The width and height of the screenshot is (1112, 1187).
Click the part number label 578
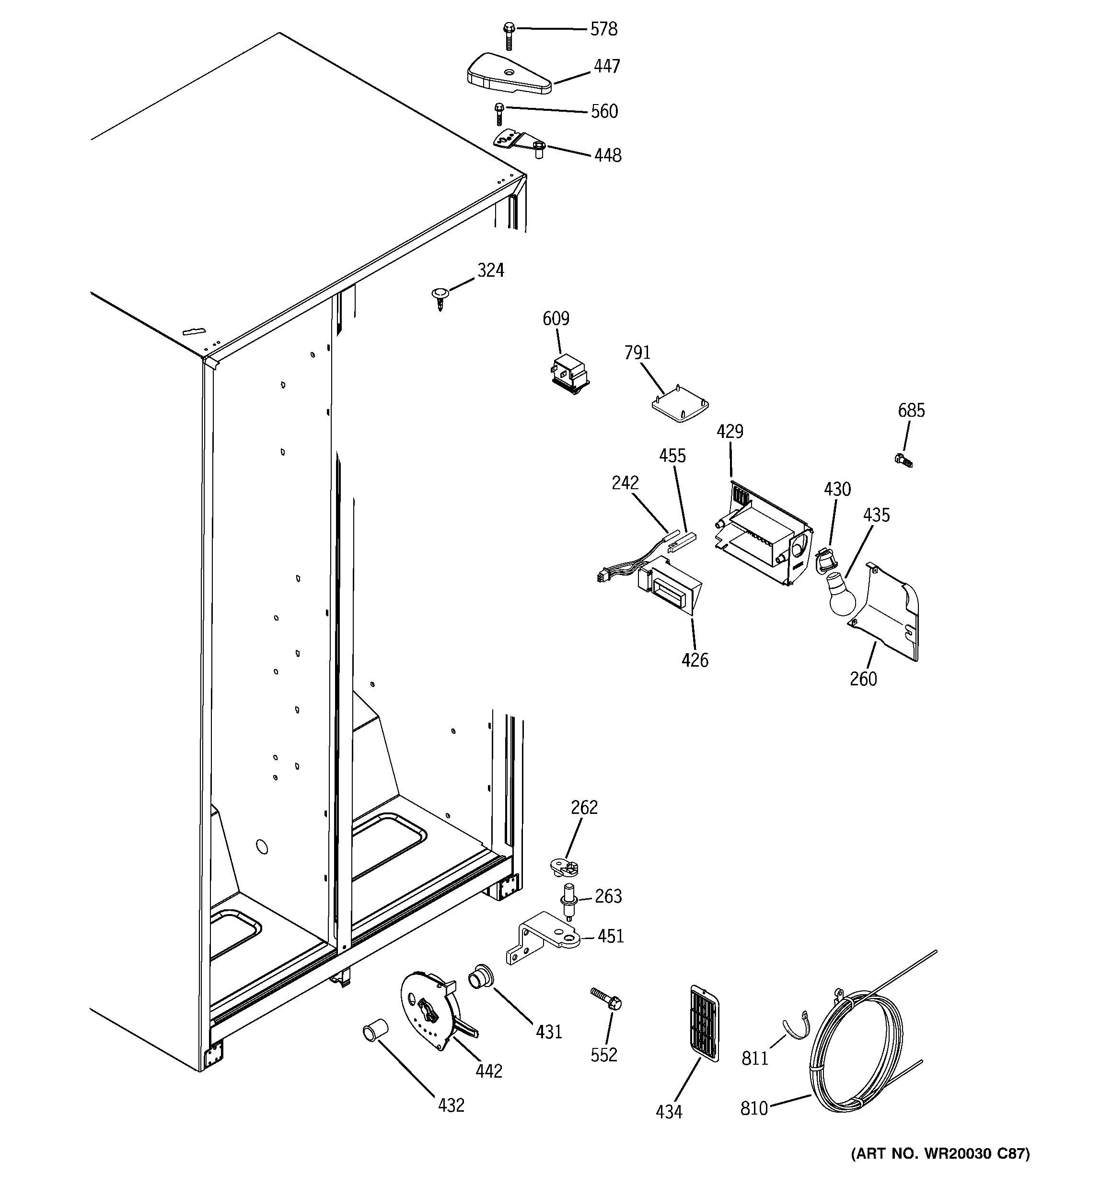click(603, 29)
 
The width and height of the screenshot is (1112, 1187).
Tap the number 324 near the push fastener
click(491, 271)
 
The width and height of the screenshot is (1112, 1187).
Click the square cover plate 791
click(680, 406)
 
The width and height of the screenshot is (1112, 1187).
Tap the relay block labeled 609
click(569, 375)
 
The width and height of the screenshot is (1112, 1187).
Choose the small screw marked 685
click(903, 460)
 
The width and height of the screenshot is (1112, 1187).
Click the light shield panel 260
click(886, 615)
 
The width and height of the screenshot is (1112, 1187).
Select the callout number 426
click(695, 660)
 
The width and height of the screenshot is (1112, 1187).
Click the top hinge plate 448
click(516, 141)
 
